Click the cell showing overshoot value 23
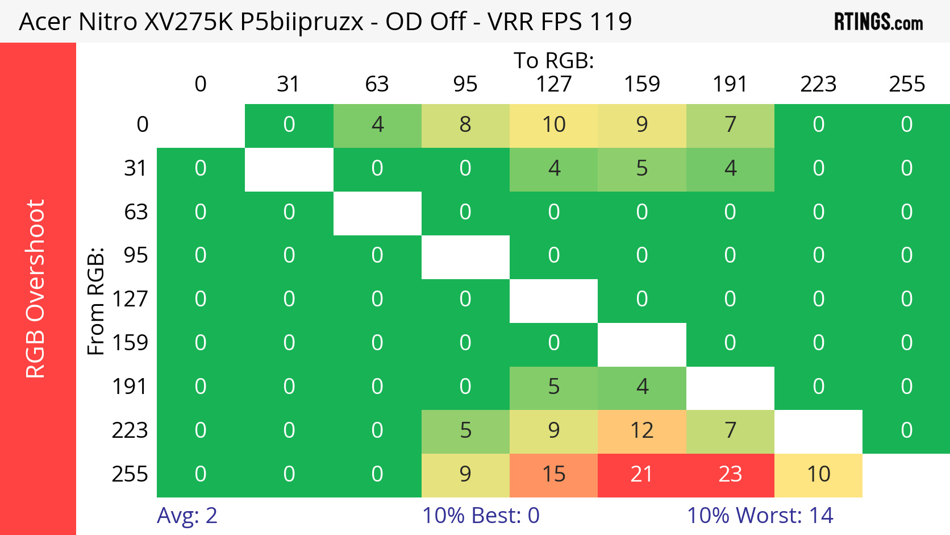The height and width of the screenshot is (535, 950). point(730,474)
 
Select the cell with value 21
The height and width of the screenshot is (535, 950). point(641,474)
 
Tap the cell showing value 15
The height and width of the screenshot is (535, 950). point(553,474)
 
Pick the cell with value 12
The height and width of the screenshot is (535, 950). point(641,430)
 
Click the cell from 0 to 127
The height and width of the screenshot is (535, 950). point(553,125)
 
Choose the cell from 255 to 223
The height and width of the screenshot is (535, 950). point(818,474)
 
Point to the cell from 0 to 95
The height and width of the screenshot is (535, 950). point(465,125)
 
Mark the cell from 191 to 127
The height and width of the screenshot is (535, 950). point(553,387)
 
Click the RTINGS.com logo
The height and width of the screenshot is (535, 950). point(878,22)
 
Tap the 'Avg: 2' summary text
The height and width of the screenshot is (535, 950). point(187,516)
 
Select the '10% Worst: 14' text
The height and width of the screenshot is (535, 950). point(760,516)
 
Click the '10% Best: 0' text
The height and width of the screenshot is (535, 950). point(481,516)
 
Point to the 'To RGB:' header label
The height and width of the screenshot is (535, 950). point(553,61)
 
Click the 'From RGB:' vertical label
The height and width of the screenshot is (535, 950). point(96,301)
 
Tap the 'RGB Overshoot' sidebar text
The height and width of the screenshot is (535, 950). point(35,289)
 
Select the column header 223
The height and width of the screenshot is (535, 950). point(818,84)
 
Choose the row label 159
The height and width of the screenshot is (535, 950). point(130,343)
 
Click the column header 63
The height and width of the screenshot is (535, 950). point(377,84)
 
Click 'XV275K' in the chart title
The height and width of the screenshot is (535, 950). point(189,22)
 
